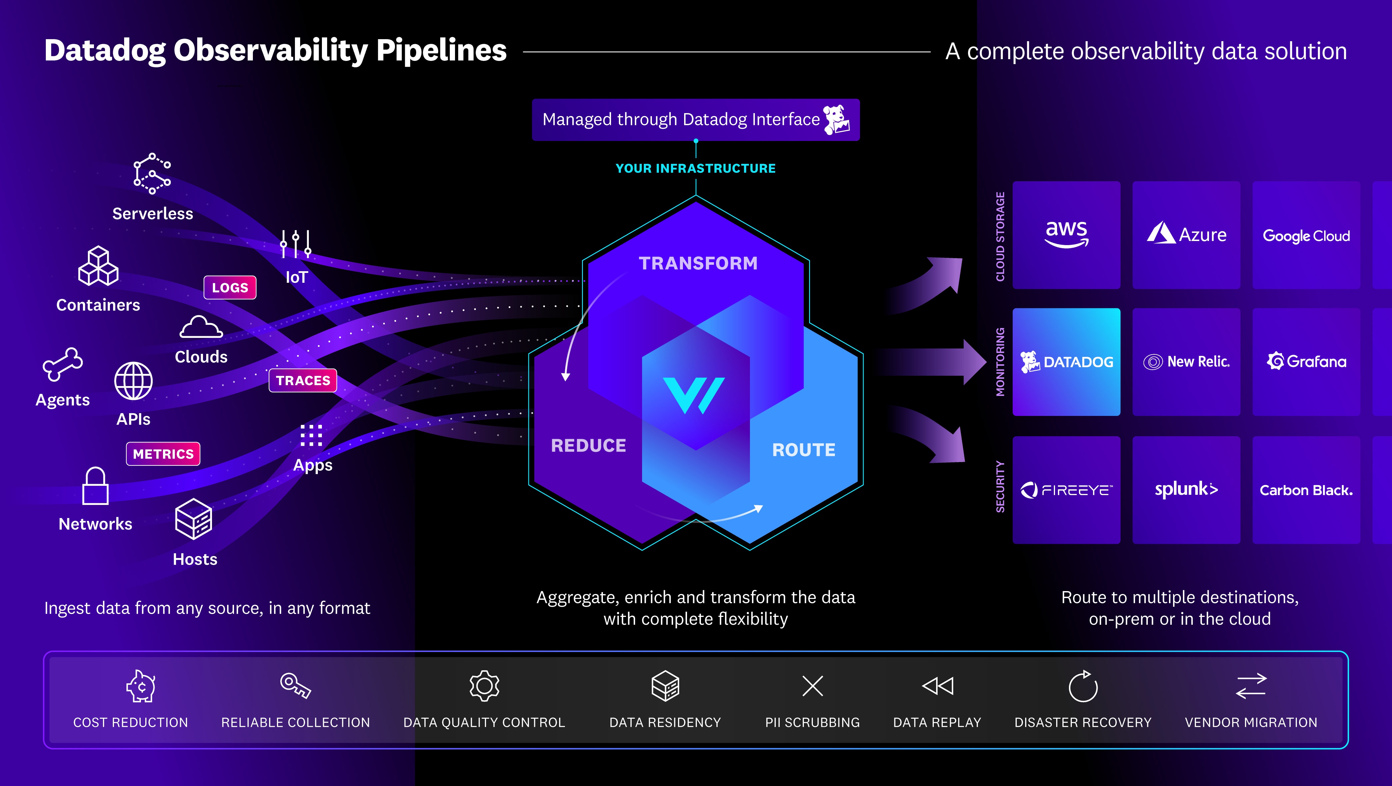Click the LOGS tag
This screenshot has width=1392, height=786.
pyautogui.click(x=230, y=288)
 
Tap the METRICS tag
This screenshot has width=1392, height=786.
pyautogui.click(x=163, y=454)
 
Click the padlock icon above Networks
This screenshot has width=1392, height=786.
pyautogui.click(x=95, y=486)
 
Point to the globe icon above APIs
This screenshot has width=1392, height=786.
pyautogui.click(x=133, y=381)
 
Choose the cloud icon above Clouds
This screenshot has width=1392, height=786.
pyautogui.click(x=201, y=327)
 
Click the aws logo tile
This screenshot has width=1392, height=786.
pyautogui.click(x=1066, y=235)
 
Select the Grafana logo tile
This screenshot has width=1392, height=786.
pyautogui.click(x=1306, y=362)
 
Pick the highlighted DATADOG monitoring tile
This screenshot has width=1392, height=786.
pyautogui.click(x=1066, y=362)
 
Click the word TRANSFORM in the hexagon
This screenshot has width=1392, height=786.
pyautogui.click(x=698, y=263)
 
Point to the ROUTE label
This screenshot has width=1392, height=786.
pyautogui.click(x=804, y=450)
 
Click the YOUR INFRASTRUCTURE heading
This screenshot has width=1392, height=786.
pyautogui.click(x=695, y=169)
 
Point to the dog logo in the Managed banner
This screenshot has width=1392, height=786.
pyautogui.click(x=836, y=119)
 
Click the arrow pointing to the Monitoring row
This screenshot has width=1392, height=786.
pyautogui.click(x=935, y=362)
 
